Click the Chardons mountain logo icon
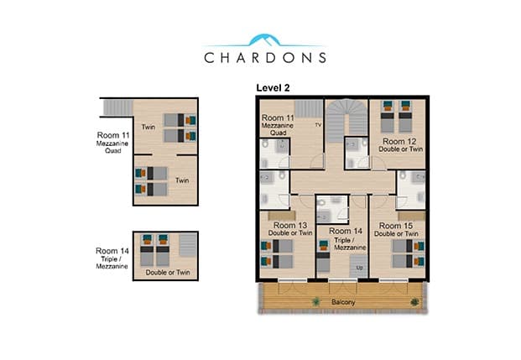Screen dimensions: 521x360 [264, 40]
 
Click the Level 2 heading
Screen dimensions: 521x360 [273, 88]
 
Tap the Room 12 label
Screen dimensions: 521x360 [399, 141]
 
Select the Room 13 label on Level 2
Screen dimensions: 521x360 [290, 226]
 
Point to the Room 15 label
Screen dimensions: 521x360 [396, 226]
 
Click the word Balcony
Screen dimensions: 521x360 [343, 302]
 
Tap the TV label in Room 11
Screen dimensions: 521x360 [318, 125]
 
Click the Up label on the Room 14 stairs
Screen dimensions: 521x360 [360, 268]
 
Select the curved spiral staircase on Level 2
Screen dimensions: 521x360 [346, 120]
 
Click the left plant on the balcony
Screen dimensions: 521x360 [315, 302]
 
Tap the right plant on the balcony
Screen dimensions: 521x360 [414, 302]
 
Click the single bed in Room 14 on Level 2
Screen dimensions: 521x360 [323, 256]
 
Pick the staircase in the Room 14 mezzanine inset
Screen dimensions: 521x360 [188, 245]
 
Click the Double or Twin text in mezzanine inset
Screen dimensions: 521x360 [168, 272]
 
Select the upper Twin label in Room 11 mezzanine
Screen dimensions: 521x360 [148, 127]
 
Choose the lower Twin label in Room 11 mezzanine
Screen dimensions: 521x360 [182, 180]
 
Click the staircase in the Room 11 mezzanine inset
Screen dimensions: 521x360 [118, 107]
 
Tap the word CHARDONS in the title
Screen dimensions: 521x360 [265, 58]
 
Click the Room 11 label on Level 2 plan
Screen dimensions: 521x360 [278, 117]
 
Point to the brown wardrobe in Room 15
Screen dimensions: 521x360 [411, 216]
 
